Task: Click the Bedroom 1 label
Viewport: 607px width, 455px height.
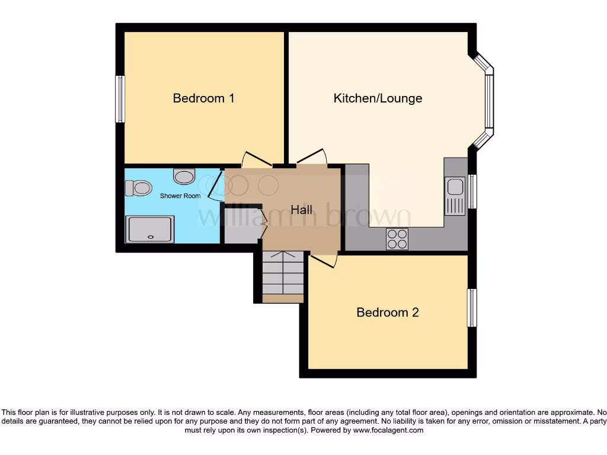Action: (x=203, y=98)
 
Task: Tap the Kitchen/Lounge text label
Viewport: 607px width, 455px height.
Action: (x=378, y=98)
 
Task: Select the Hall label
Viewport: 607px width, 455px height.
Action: (x=301, y=210)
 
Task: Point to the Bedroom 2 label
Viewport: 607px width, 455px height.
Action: (x=387, y=312)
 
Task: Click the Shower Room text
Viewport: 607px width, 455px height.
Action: (x=180, y=196)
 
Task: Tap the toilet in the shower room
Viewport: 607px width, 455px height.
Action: (x=139, y=188)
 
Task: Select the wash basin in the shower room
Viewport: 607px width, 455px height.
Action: (x=184, y=176)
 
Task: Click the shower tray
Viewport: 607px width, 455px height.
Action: (x=150, y=229)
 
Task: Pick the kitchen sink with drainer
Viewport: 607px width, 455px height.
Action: (x=455, y=196)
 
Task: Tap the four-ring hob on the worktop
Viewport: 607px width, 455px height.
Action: (x=397, y=238)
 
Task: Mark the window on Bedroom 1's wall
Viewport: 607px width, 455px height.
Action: (x=120, y=99)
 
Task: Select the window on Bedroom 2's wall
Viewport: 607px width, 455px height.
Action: (x=472, y=307)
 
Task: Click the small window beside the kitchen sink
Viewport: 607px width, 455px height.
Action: (x=472, y=191)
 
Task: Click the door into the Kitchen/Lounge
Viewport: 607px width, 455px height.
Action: (x=312, y=156)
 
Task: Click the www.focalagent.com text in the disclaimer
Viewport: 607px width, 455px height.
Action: (x=388, y=431)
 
